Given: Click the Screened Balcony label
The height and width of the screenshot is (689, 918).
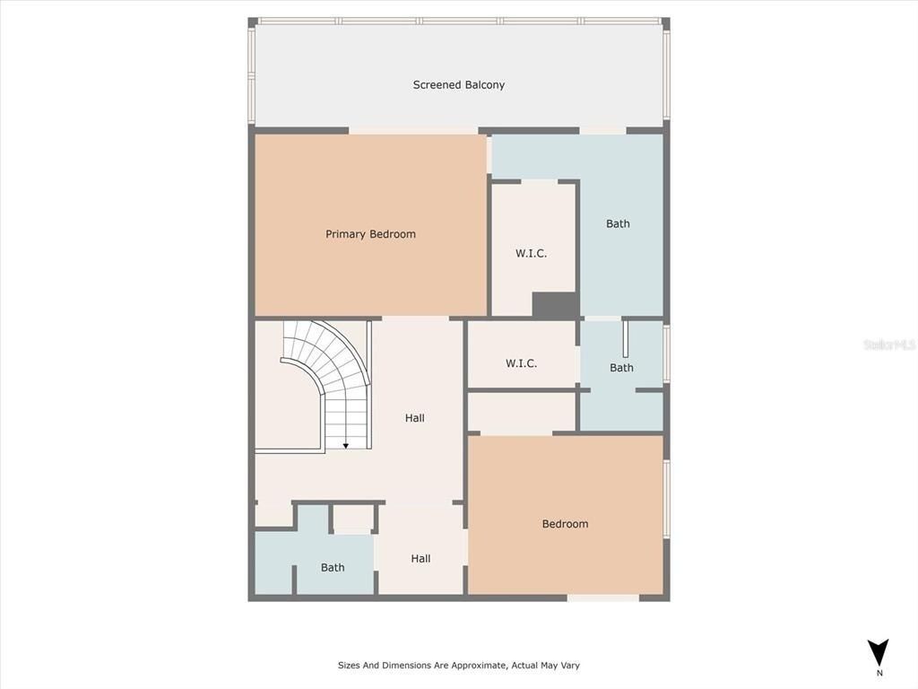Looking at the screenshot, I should pos(458,85).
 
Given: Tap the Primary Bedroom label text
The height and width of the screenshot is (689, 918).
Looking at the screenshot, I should pos(370,234).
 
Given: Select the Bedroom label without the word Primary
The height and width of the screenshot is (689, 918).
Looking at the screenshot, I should pos(565,524).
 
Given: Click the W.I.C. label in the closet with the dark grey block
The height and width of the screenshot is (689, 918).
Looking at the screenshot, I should pos(531,254).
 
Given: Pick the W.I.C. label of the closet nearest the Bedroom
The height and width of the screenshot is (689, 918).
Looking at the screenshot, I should pos(521,363).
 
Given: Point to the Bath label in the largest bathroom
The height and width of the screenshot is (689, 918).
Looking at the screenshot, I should pos(618,223).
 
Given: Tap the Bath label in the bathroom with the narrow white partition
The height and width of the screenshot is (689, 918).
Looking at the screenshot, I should pos(621,368).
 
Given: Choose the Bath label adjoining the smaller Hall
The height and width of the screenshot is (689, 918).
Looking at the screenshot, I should pos(333,567).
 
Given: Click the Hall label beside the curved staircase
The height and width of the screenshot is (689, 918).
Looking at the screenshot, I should pos(414,418).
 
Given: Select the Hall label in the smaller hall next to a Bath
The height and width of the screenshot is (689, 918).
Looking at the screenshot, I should pos(420,559).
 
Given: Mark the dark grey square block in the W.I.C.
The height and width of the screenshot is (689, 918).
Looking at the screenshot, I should pos(555,305).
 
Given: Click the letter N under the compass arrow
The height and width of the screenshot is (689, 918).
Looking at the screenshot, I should pos(879,673).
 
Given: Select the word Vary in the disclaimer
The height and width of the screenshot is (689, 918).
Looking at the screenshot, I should pos(569,666).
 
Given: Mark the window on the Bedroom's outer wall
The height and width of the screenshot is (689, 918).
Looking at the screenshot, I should pos(666,499).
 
